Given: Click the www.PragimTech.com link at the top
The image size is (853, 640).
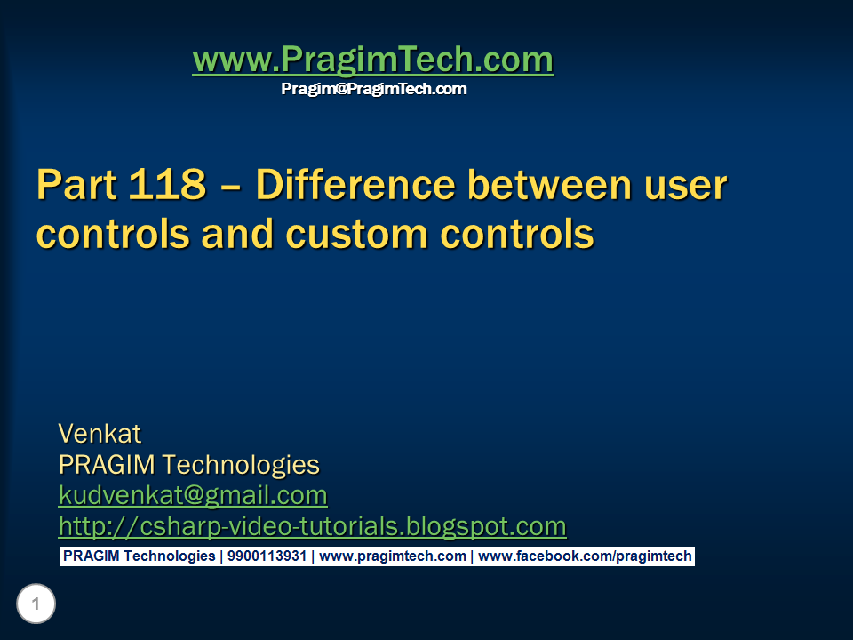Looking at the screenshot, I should [372, 60].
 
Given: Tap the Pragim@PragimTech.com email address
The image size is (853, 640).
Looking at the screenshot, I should [373, 89].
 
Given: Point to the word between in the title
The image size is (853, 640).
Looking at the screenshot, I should [551, 186].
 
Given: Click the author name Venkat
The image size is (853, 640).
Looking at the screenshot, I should [100, 434].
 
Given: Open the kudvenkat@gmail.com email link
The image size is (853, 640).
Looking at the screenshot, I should [193, 494].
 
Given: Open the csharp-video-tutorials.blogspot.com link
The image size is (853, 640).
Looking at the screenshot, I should [312, 526].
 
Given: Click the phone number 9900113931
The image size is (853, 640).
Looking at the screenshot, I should [267, 556].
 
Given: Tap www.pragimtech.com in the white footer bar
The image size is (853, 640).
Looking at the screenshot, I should [392, 556].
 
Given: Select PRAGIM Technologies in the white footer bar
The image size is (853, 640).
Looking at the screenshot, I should [138, 556].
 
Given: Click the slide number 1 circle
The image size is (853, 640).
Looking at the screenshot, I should [36, 605].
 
